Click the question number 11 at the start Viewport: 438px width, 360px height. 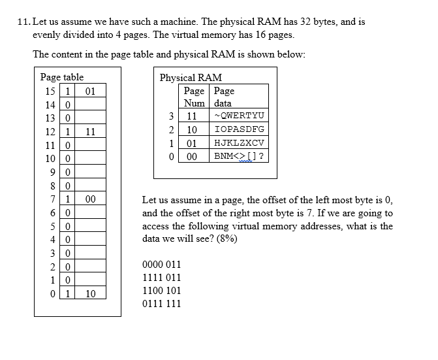point(24,22)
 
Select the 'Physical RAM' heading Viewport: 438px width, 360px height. point(191,77)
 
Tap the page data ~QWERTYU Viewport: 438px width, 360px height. point(238,116)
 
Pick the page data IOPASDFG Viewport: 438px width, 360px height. point(239,129)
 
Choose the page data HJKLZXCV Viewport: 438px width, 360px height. point(239,142)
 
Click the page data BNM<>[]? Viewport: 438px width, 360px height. point(239,156)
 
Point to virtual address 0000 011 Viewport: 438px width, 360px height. point(161,265)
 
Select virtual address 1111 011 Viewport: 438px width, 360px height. point(161,278)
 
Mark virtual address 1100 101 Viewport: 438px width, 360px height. point(161,291)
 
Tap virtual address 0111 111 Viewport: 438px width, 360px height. point(161,304)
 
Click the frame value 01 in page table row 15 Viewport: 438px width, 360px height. point(91,91)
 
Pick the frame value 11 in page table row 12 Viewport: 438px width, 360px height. point(91,131)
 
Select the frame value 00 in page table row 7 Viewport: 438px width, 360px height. point(91,199)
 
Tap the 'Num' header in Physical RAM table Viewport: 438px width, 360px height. point(194,103)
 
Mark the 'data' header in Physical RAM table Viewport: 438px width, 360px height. point(223,103)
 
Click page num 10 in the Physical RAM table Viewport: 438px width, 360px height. point(192,129)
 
